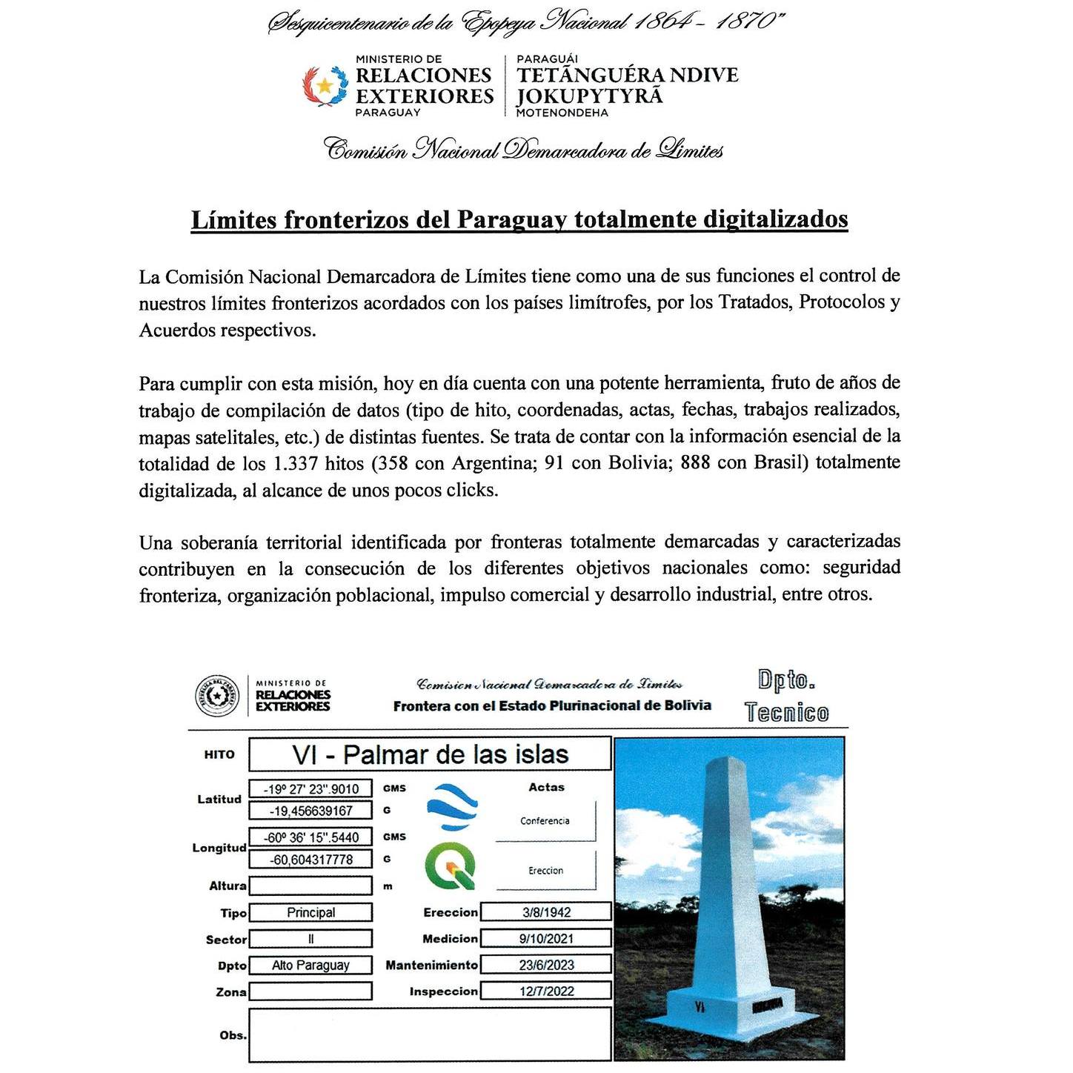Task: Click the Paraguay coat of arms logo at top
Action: coord(325,86)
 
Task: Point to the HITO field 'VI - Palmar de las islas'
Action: coord(430,754)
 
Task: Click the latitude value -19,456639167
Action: coord(310,811)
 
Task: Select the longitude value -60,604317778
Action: coord(310,860)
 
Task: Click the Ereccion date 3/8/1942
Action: coord(546,912)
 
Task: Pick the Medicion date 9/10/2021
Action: coord(546,939)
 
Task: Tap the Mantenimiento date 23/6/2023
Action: coord(546,965)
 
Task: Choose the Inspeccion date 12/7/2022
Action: coord(546,991)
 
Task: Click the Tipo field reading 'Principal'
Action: coord(310,913)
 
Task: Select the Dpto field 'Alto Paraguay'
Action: coord(310,966)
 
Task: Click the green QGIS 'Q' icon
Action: coord(451,867)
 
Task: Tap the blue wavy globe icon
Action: coord(452,807)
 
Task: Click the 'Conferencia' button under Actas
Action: coord(545,821)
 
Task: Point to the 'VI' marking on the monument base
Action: coord(700,1006)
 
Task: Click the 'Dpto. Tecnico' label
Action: coord(786,697)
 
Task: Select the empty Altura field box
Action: coord(310,886)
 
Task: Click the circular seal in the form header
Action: coord(217,697)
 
